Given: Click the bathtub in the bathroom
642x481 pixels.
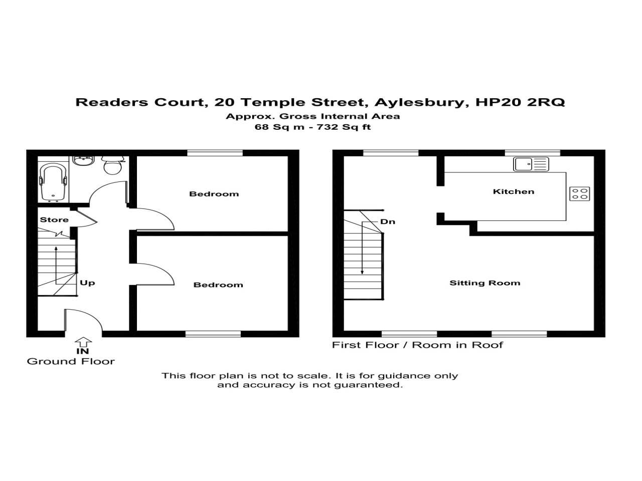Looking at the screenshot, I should (53, 181).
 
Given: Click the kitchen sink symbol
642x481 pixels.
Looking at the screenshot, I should (531, 164).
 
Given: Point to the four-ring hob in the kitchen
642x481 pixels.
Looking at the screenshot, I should (579, 193).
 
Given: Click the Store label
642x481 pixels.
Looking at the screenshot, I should (54, 219).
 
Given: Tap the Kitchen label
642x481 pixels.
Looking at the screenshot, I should (513, 191).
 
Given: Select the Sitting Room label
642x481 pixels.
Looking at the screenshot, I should (485, 283).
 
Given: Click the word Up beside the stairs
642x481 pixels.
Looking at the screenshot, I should (87, 283).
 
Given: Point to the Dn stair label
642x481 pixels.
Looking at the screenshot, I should (387, 221).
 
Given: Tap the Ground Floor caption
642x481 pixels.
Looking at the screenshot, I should (71, 361).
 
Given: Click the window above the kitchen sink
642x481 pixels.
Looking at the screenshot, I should (532, 153).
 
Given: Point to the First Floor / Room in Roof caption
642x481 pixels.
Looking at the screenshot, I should (417, 345).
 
